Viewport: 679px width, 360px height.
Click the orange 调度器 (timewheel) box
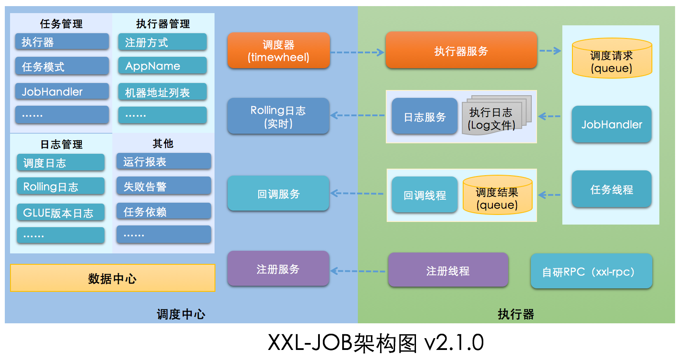pyautogui.click(x=278, y=51)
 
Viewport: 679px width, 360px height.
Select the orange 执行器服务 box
pyautogui.click(x=461, y=51)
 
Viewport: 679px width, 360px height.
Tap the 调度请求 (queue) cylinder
pyautogui.click(x=612, y=59)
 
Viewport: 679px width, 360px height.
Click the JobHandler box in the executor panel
pyautogui.click(x=611, y=125)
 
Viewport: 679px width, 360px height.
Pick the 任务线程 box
pyautogui.click(x=611, y=189)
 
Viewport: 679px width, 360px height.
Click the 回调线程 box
pyautogui.click(x=424, y=195)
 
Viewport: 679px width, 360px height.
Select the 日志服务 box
pyautogui.click(x=424, y=117)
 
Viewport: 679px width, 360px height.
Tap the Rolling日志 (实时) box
pyautogui.click(x=278, y=116)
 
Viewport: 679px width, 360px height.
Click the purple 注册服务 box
pyautogui.click(x=278, y=269)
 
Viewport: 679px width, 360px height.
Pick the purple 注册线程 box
pyautogui.click(x=448, y=270)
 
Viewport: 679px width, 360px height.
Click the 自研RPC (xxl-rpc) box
pyautogui.click(x=591, y=271)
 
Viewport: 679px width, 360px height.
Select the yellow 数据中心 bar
pyautogui.click(x=113, y=278)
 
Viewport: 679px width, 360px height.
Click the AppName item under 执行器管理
pyautogui.click(x=162, y=66)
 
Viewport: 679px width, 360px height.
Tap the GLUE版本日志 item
pyautogui.click(x=61, y=213)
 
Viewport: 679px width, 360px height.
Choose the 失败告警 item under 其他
pyautogui.click(x=163, y=187)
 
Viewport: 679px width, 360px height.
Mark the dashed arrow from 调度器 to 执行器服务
pyautogui.click(x=357, y=52)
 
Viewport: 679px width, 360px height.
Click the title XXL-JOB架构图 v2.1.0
pyautogui.click(x=375, y=343)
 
